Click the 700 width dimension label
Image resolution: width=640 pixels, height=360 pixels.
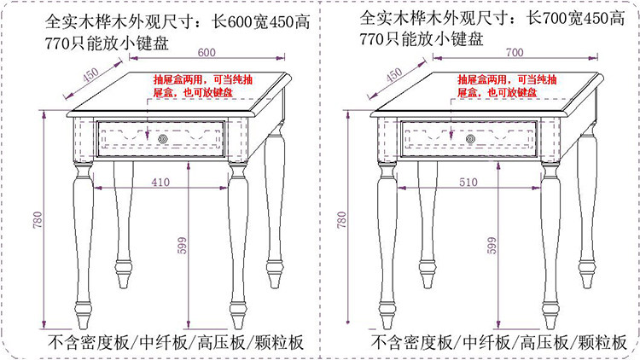[513, 52]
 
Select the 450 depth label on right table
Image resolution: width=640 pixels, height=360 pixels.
[393, 75]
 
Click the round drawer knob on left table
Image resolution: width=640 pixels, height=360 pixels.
[163, 136]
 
